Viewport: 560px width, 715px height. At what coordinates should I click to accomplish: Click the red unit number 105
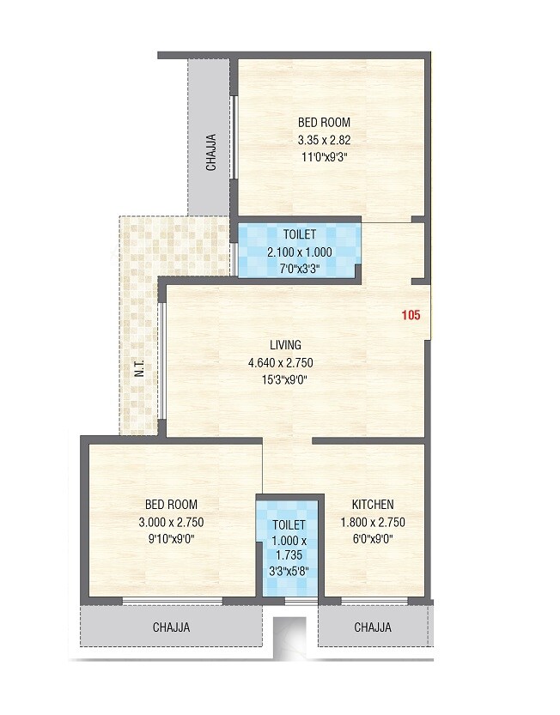tap(411, 315)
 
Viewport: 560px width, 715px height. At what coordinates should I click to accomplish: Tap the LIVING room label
tap(286, 345)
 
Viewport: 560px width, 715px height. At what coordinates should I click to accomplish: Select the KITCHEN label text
tap(373, 505)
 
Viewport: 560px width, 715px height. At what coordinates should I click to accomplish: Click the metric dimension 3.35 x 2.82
tap(324, 140)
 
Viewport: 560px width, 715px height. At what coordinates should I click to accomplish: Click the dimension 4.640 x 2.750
tap(286, 362)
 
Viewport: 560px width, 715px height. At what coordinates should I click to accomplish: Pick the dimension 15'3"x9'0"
tap(286, 379)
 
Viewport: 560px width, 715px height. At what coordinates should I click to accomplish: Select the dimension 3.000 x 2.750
tap(172, 522)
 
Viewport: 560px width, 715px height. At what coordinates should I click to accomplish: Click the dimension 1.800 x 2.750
tap(373, 522)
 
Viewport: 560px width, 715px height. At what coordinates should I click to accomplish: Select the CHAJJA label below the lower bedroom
tap(171, 627)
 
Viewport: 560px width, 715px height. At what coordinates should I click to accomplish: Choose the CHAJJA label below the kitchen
tap(373, 627)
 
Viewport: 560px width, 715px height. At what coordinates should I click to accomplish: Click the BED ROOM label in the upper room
tap(324, 123)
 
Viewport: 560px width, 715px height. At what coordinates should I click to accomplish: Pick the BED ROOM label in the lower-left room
tap(172, 505)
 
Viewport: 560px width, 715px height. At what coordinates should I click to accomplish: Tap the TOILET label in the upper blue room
tap(299, 233)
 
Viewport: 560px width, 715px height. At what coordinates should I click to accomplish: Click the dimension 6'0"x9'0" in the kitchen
tap(373, 539)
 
